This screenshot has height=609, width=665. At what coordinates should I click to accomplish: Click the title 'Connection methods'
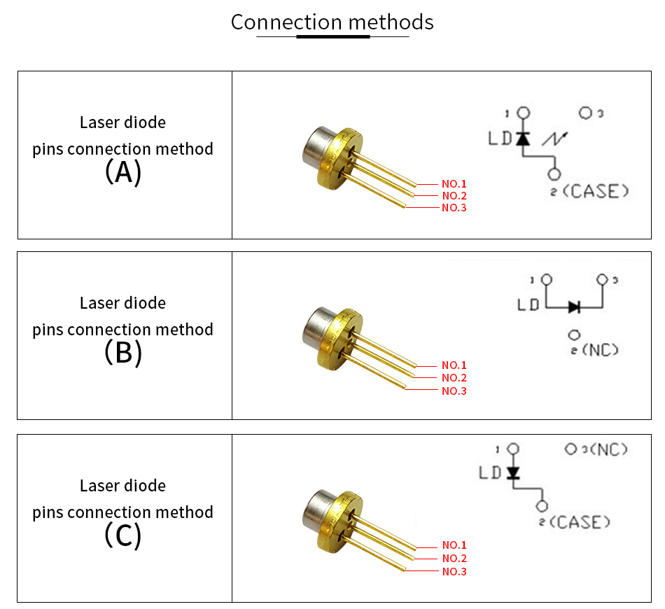tap(332, 22)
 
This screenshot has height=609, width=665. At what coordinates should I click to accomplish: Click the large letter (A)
tap(123, 171)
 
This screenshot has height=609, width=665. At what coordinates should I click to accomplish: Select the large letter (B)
tap(123, 352)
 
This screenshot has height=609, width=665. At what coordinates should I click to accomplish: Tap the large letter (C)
tap(123, 535)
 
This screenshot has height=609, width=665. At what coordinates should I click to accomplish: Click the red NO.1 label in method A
tap(454, 183)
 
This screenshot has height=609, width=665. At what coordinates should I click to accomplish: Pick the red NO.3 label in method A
tap(454, 207)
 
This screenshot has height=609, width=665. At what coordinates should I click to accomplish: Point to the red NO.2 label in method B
tap(454, 377)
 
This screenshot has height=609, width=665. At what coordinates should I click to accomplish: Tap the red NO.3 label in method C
tap(454, 571)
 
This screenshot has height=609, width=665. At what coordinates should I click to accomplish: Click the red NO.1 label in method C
tap(454, 545)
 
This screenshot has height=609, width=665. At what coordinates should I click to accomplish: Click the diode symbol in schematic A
tap(523, 139)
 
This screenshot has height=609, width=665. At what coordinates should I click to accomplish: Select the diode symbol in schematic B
tap(574, 307)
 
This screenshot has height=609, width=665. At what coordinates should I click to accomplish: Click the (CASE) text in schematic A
tap(596, 191)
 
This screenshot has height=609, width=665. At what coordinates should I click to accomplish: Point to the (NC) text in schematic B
tap(600, 350)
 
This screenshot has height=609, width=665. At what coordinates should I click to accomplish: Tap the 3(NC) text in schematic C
tap(604, 449)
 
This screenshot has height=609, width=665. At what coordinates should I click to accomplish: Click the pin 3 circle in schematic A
tap(585, 113)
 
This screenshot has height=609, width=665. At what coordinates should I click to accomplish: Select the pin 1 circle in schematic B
tap(547, 279)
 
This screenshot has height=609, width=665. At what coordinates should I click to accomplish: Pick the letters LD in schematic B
tap(528, 304)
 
